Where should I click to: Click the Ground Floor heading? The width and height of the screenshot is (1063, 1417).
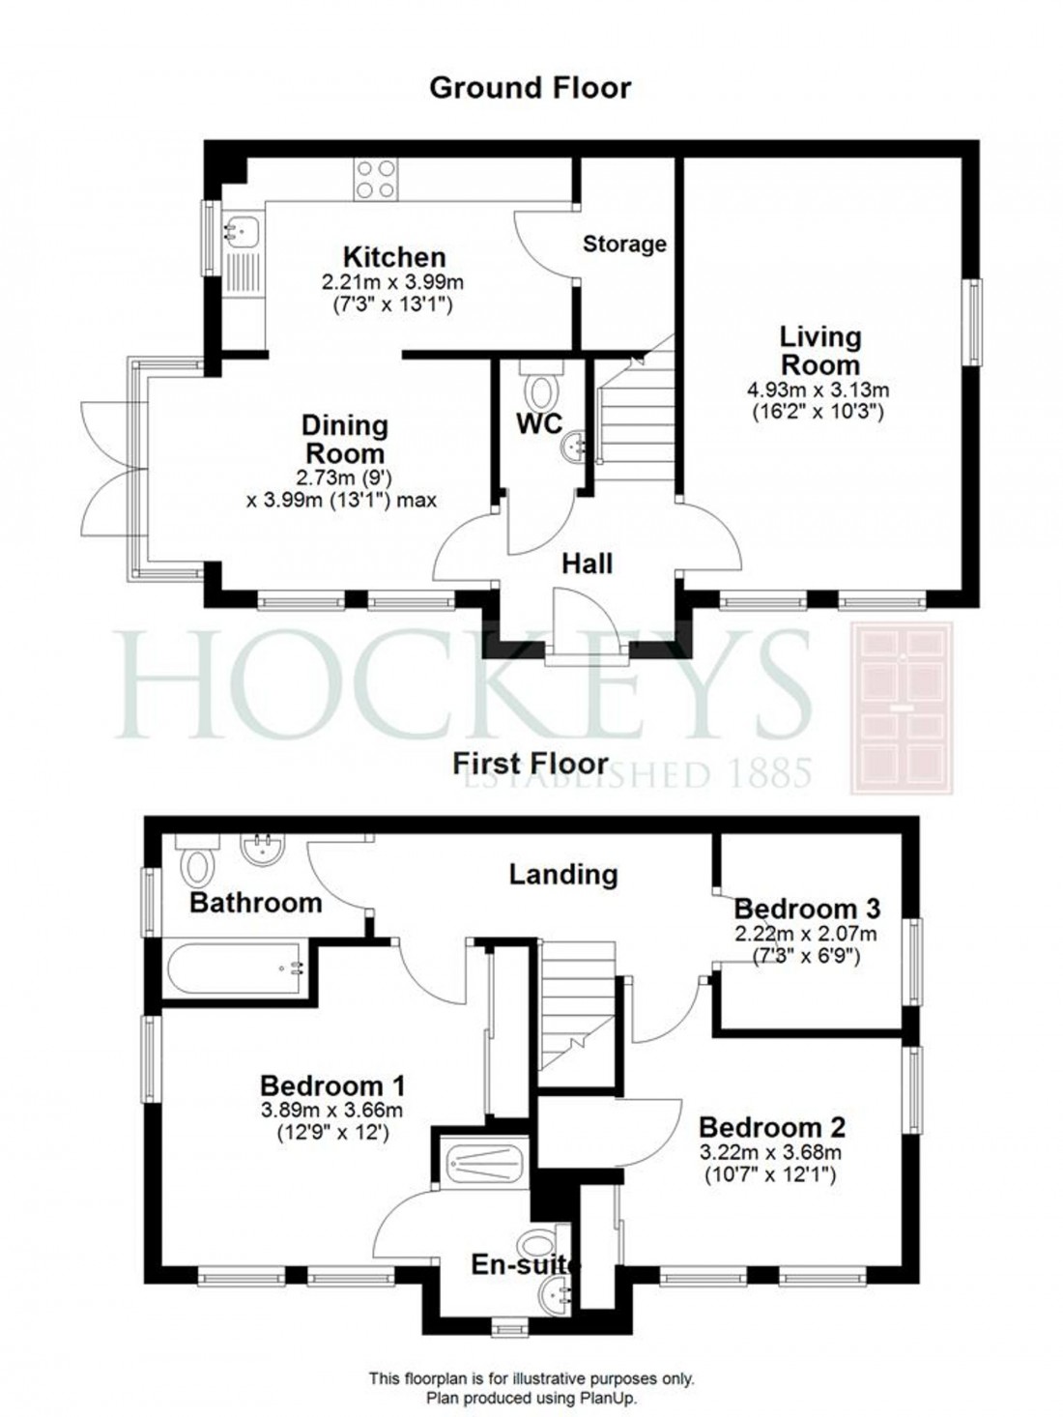click(x=530, y=88)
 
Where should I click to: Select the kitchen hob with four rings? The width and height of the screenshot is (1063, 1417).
click(x=375, y=179)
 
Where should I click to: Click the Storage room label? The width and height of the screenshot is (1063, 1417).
click(x=624, y=245)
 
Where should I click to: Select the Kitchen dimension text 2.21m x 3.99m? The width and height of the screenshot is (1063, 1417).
click(x=393, y=283)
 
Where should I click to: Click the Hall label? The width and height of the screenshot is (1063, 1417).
click(x=587, y=564)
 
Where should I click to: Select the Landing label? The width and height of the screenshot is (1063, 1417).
click(x=563, y=874)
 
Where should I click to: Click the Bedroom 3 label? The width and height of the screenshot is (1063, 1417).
click(x=807, y=909)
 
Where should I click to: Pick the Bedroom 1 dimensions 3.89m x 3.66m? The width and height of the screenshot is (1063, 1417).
click(x=331, y=1111)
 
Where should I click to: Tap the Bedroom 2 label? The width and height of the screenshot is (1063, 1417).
click(x=772, y=1127)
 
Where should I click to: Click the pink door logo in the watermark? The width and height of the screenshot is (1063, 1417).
click(x=901, y=708)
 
